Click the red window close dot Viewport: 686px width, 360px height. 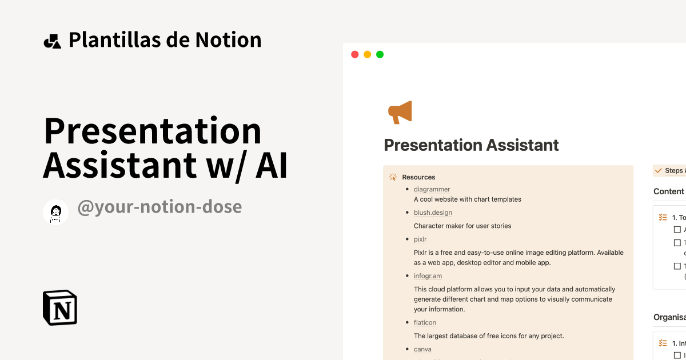354,54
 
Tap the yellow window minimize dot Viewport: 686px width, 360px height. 367,54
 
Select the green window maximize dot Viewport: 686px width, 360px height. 380,54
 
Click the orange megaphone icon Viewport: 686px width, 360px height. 400,112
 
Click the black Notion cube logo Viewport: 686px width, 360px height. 60,307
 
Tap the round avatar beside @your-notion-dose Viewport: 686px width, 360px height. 56,212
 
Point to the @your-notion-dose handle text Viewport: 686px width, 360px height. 159,207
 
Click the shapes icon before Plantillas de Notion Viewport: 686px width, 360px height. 52,41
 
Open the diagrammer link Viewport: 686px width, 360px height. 432,189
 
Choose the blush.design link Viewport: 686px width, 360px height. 433,213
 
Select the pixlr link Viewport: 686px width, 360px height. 420,239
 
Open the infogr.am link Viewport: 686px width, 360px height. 428,276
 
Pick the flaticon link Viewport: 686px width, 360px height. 425,323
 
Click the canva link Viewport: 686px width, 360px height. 422,349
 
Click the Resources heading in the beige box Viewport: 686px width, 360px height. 418,177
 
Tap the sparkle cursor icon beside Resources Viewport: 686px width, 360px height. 393,177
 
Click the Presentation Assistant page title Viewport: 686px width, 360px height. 471,145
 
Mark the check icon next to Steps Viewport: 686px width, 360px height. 659,171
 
